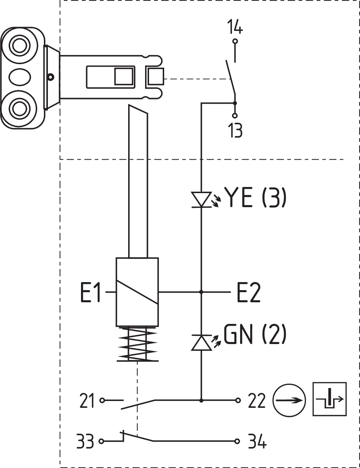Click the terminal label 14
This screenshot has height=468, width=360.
(235, 27)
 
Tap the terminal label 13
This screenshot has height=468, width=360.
(235, 130)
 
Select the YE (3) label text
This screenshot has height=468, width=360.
(255, 197)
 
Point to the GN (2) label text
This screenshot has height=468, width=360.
(255, 334)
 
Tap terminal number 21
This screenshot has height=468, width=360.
(87, 401)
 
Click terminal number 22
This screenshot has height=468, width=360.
(257, 401)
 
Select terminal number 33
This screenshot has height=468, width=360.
(85, 441)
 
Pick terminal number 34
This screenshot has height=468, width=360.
(257, 441)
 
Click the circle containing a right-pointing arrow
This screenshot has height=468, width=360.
(289, 400)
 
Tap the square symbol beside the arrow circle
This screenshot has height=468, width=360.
(330, 399)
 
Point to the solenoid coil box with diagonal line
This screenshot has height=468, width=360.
(137, 292)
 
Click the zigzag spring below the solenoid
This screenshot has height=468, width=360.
(138, 345)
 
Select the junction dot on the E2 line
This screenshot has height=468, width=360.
(201, 292)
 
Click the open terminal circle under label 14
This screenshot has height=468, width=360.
(235, 41)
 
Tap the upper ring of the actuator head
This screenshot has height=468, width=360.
(20, 46)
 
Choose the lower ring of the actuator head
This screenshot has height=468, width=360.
(20, 107)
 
